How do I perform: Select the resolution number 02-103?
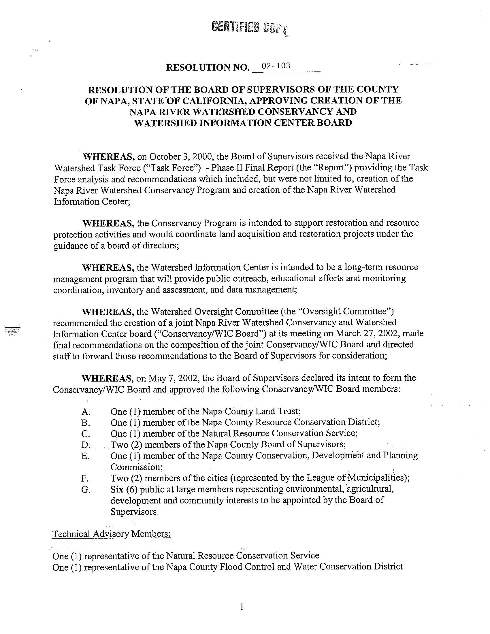coord(276,66)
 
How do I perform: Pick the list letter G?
coord(86,490)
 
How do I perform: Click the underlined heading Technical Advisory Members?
coord(112,534)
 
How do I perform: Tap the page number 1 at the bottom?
coord(242,606)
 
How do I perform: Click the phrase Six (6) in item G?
coord(124,489)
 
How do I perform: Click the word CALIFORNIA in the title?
coord(209,101)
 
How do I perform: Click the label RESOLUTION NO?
coord(208,67)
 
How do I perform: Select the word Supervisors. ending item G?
coord(134,512)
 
